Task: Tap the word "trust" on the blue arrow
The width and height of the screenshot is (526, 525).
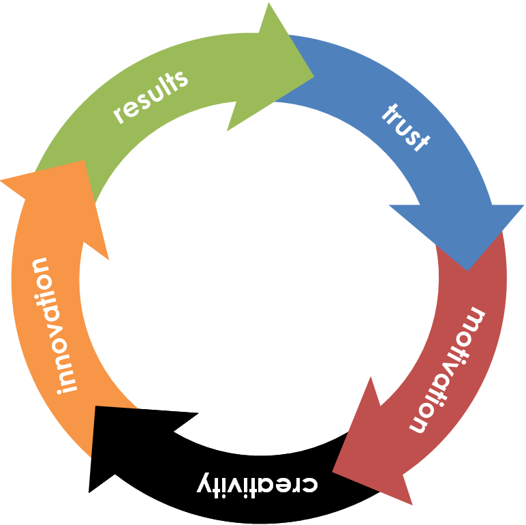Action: point(406,127)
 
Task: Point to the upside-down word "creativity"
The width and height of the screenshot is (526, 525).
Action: point(258,483)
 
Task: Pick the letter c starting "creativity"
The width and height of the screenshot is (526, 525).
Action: point(310,484)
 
